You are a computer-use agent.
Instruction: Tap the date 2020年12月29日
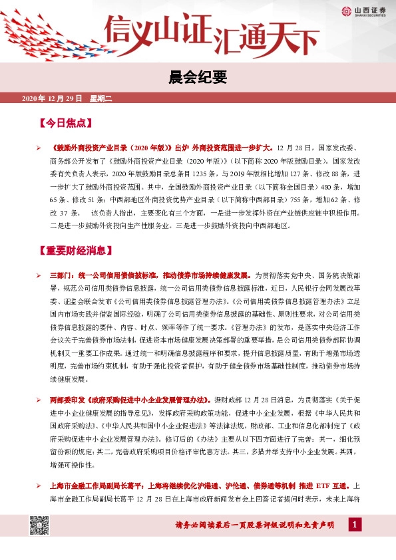click(52, 98)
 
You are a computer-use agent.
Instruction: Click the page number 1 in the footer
click(355, 526)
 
